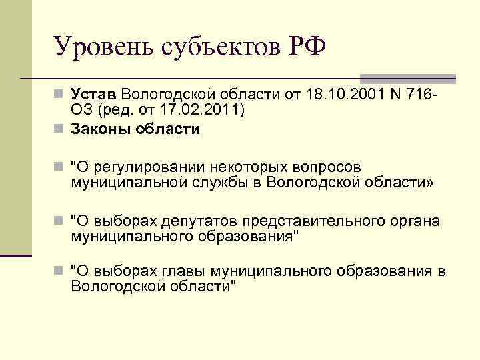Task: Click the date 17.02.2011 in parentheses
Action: [199, 109]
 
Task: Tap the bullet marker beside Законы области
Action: [60, 129]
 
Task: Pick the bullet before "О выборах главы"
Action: [60, 272]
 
